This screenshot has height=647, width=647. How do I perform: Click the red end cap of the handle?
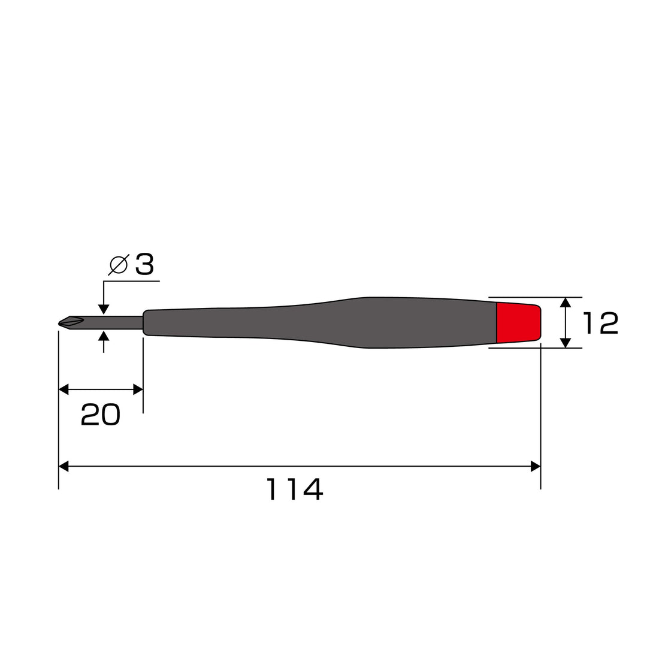(518, 323)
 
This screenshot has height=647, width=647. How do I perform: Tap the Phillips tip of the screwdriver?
(71, 323)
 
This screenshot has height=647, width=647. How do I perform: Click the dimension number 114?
(294, 489)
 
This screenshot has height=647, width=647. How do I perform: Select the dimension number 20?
(100, 415)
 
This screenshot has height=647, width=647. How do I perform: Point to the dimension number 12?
(600, 323)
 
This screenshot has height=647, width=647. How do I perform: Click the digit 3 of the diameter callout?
(144, 265)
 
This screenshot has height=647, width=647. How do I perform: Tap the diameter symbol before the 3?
(119, 265)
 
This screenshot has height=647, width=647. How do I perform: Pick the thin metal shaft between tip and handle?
(113, 323)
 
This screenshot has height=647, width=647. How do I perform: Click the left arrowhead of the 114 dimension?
(64, 467)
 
